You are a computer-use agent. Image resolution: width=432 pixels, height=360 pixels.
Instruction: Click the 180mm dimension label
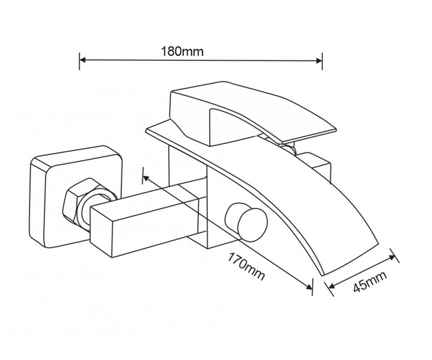coord(182,52)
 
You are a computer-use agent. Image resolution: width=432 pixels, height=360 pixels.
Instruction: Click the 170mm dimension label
coord(246,266)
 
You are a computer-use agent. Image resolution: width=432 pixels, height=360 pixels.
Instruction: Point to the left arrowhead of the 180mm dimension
coord(83,60)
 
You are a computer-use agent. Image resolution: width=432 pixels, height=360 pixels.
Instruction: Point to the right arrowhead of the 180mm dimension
coord(319,60)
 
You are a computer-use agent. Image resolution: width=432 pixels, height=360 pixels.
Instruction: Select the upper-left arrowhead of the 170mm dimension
coord(146,178)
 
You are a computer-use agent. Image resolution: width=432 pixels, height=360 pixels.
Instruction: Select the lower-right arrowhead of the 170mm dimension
coord(308,286)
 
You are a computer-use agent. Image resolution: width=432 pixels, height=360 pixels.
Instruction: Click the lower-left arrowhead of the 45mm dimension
coord(330,286)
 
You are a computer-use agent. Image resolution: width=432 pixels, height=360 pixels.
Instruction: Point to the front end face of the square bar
coord(101,232)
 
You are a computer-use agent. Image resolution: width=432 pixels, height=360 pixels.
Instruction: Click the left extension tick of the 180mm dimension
coord(79,61)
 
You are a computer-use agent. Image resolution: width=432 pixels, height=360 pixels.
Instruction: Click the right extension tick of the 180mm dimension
coord(322,60)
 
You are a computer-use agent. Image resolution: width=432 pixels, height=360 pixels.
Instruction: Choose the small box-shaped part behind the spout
coord(317,165)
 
